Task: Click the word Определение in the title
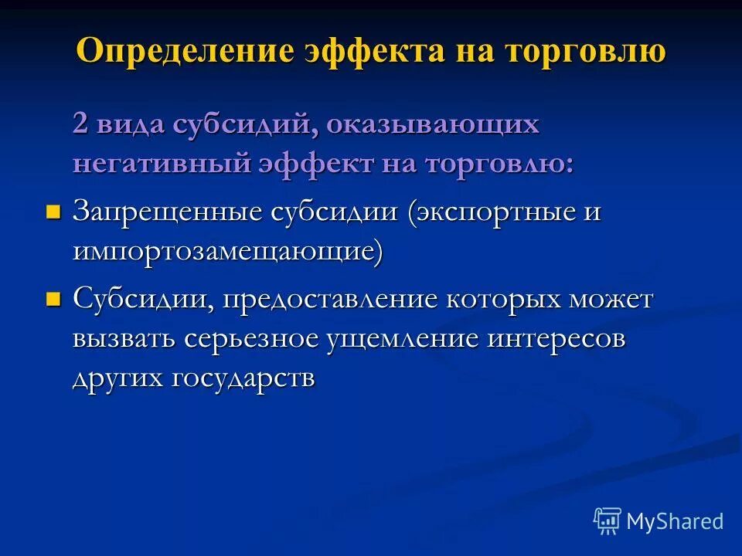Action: pos(185,51)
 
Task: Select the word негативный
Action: pos(161,164)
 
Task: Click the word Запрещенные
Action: pos(165,212)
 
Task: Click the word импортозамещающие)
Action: pos(228,252)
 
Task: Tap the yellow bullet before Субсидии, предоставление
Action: pos(53,299)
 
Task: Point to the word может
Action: pos(614,300)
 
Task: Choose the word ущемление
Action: pos(402,340)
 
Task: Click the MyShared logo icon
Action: pos(608,520)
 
